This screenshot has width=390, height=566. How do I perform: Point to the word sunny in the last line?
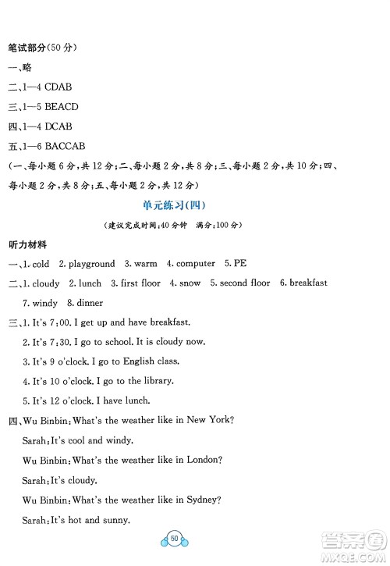coord(113,520)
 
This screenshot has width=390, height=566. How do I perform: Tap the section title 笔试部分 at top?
coord(27,47)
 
